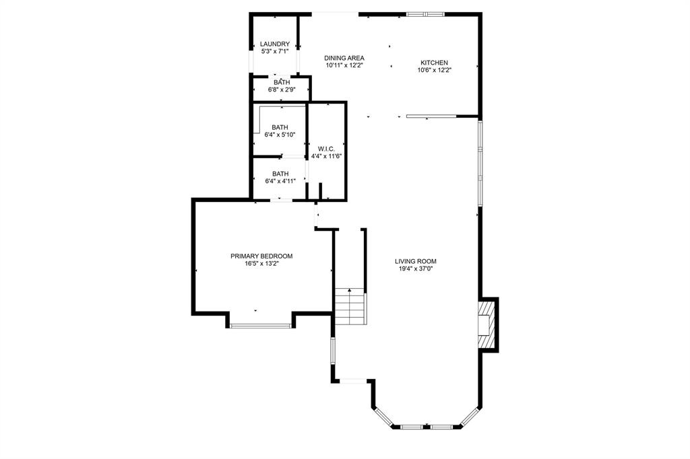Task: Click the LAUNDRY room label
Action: (275, 44)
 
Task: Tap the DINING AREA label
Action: (344, 58)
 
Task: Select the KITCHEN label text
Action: (435, 63)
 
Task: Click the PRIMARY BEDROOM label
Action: (261, 256)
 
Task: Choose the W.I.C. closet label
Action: (327, 149)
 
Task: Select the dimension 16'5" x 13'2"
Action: (261, 264)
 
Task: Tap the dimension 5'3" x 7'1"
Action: (275, 51)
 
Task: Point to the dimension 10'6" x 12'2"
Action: (435, 70)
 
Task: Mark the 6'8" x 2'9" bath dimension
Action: (282, 90)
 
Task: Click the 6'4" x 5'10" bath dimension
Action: (280, 135)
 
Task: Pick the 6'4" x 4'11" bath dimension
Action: (280, 180)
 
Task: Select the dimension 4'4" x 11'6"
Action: (327, 156)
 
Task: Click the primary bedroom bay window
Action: (261, 326)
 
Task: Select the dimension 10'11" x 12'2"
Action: (344, 66)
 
